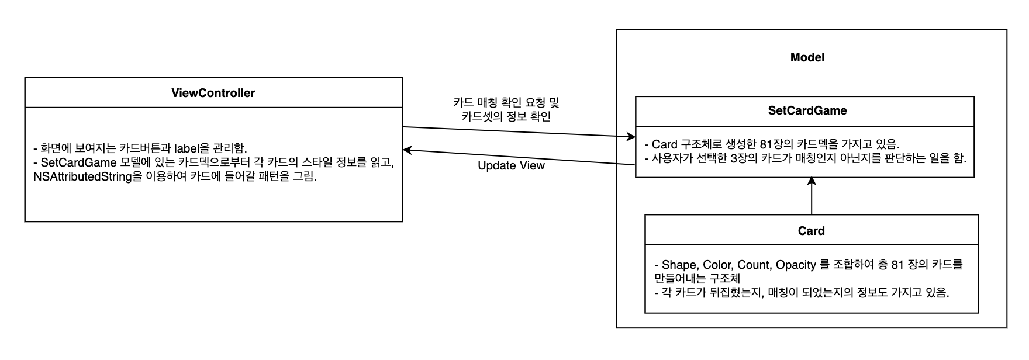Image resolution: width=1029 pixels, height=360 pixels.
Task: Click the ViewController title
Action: pos(213,93)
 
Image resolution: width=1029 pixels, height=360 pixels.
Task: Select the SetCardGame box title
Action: pos(807,110)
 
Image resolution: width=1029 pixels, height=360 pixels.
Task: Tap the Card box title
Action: pos(811,231)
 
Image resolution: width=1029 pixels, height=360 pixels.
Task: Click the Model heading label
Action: pos(807,57)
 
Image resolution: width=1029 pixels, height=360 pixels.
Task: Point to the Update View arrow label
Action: pos(511,165)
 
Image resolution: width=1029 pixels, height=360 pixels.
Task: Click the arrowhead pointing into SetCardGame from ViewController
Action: pos(631,137)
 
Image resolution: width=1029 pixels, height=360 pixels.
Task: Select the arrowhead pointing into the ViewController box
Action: pos(408,151)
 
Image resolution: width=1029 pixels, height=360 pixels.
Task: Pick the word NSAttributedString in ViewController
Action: pos(82,176)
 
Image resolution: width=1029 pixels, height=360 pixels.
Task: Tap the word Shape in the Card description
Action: pos(679,265)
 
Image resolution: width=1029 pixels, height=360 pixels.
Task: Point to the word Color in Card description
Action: pos(717,265)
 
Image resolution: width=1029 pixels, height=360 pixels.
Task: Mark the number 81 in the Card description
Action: pos(897,265)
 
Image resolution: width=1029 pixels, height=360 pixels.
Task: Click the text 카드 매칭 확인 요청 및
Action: pos(506,102)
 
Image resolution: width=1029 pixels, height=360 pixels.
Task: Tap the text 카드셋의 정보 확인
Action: pos(506,116)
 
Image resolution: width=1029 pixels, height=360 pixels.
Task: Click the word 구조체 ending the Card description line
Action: pos(724,279)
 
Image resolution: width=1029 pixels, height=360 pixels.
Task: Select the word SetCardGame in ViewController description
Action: pos(77,162)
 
